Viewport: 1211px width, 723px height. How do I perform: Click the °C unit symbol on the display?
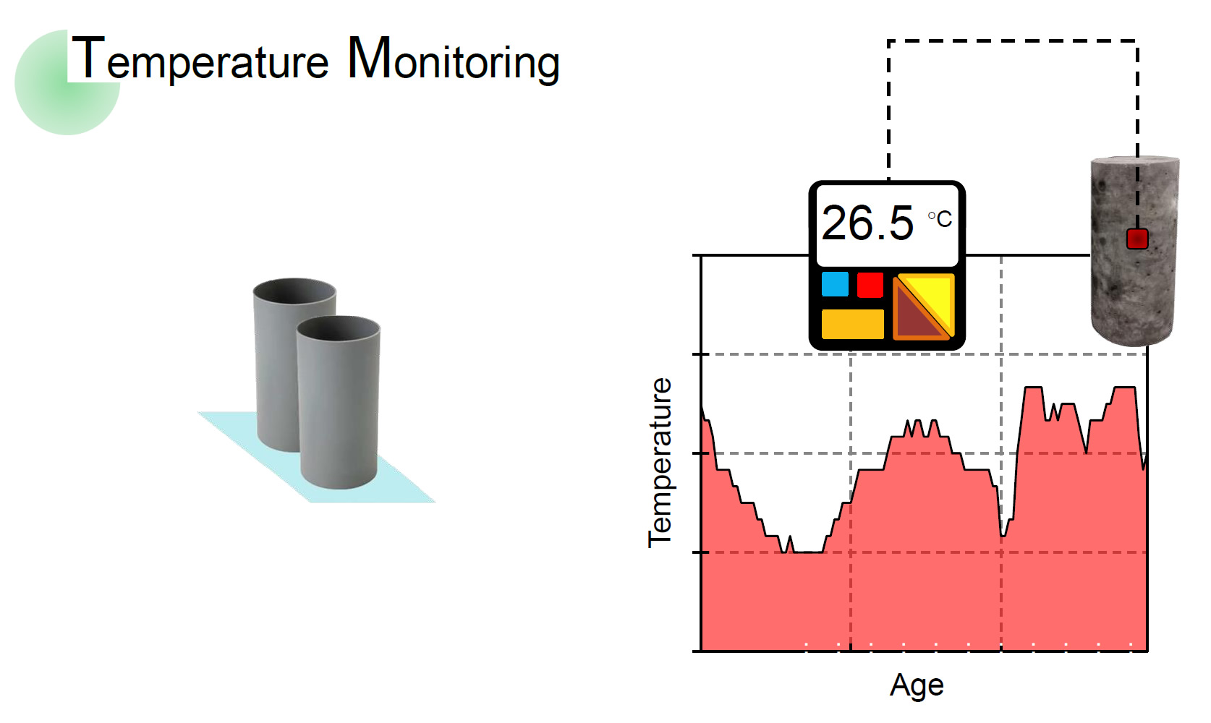click(x=940, y=218)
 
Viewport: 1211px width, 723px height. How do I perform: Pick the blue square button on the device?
click(x=835, y=284)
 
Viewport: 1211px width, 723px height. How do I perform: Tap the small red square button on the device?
click(x=870, y=284)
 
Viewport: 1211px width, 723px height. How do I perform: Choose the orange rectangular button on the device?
click(x=852, y=324)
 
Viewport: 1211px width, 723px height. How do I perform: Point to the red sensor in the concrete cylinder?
click(x=1137, y=239)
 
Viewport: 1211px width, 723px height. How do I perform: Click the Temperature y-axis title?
click(x=660, y=463)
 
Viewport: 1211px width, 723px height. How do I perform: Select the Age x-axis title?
click(x=917, y=685)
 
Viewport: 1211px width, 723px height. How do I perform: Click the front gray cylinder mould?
click(x=339, y=412)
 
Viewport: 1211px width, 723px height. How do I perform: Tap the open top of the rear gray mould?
click(x=294, y=293)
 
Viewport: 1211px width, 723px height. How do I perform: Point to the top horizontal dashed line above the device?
click(x=1013, y=41)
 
